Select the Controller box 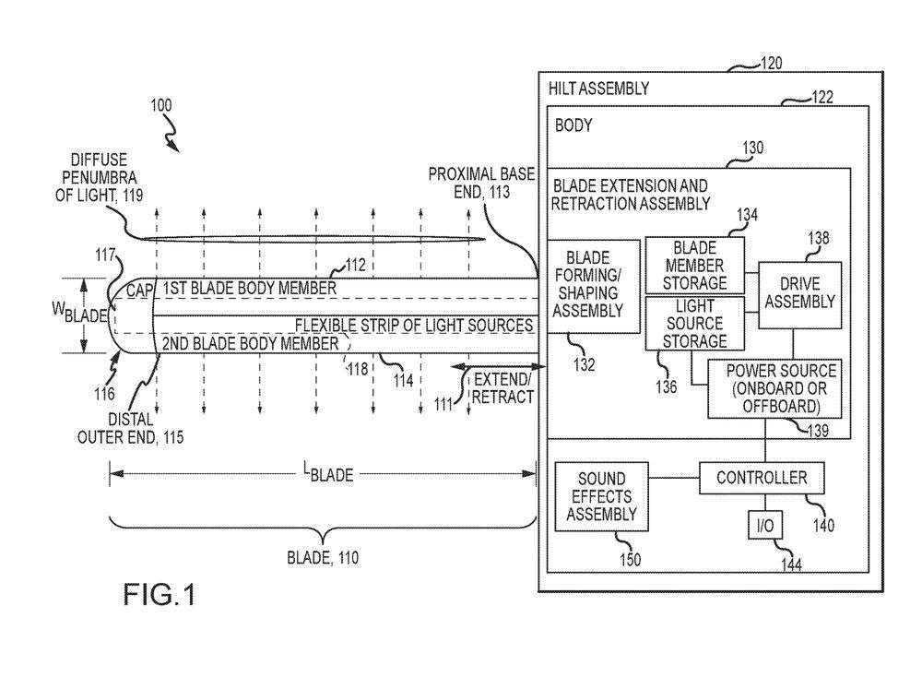coord(761,478)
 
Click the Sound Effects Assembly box coord(600,496)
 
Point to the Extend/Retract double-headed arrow coord(469,367)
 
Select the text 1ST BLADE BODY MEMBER coord(249,289)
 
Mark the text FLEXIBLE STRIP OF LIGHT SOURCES coord(414,326)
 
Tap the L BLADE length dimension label coord(329,475)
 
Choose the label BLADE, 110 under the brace coord(322,558)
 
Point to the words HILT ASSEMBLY coord(598,89)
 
